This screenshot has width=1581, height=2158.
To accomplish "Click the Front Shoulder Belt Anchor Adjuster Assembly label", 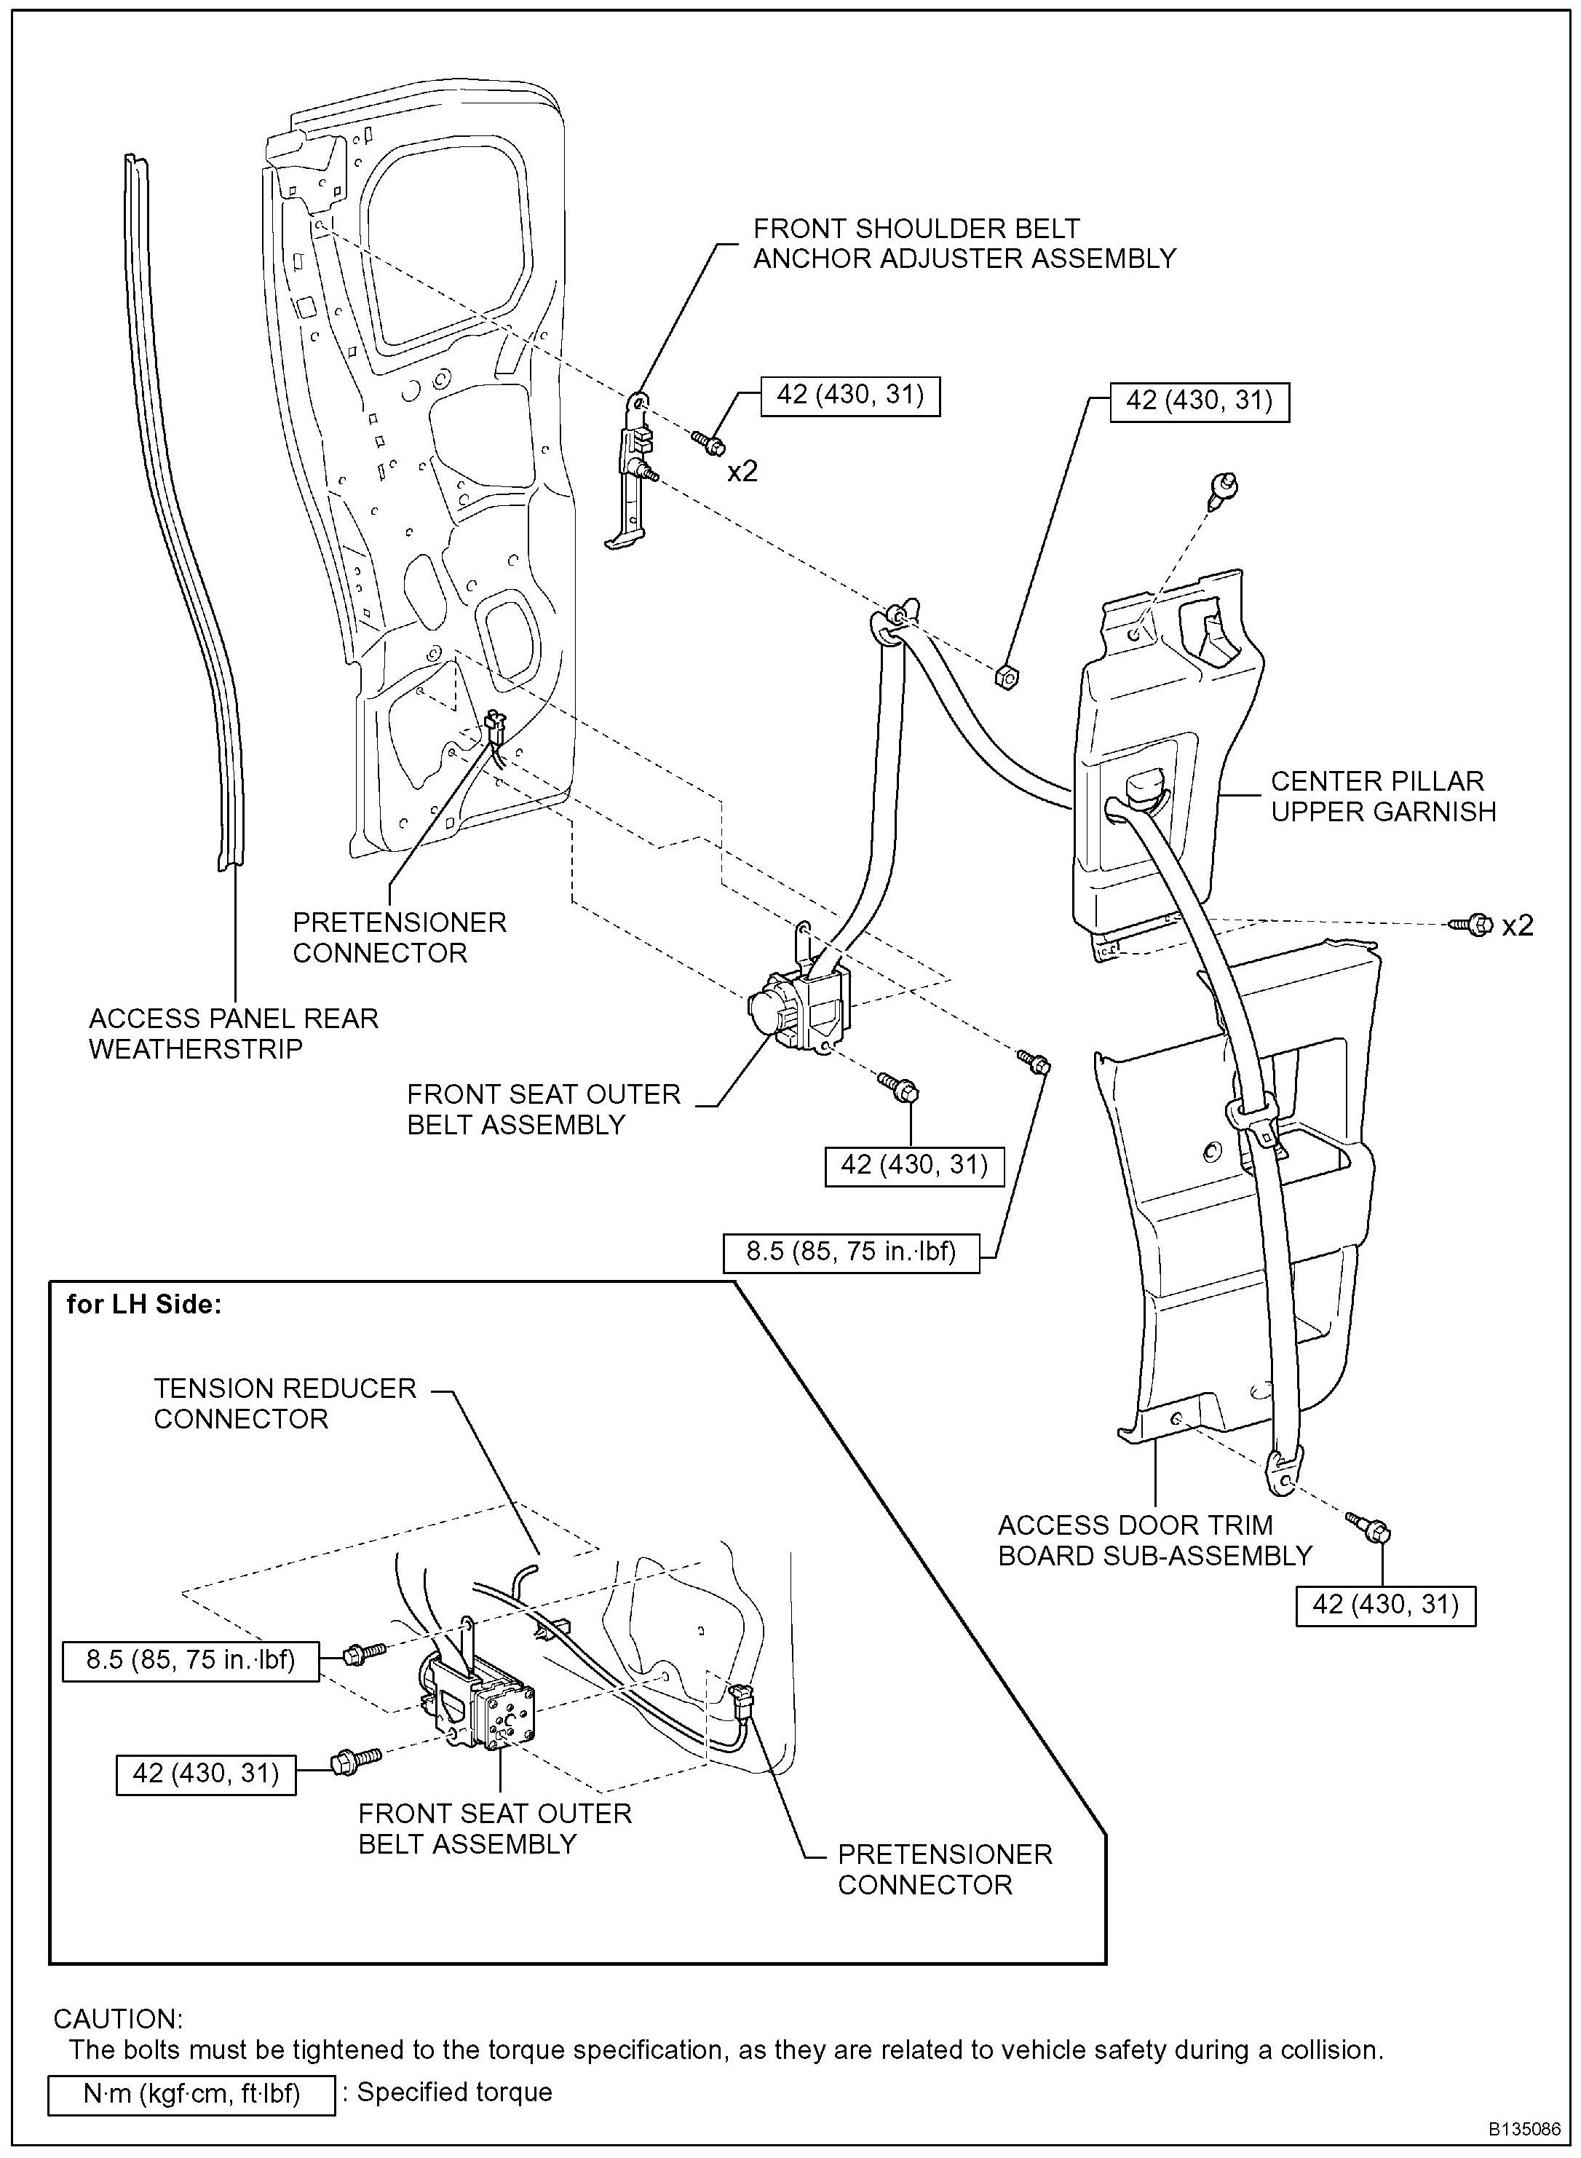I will [964, 243].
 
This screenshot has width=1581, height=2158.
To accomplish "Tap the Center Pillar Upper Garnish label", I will [1382, 797].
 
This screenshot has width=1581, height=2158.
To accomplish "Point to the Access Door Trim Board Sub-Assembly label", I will [1154, 1540].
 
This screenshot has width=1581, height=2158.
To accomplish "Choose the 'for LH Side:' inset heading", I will [143, 1305].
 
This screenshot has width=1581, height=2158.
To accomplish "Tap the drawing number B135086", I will [1523, 2130].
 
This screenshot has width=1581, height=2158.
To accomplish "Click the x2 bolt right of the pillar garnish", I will [1472, 925].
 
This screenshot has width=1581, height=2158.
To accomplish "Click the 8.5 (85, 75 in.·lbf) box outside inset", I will [851, 1252].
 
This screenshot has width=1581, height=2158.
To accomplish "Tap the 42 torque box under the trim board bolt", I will [1384, 1605].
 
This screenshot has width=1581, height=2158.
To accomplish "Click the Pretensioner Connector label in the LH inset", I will [943, 1869].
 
